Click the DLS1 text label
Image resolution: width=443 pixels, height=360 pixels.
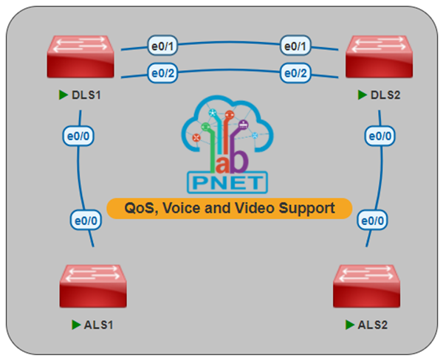pyautogui.click(x=87, y=96)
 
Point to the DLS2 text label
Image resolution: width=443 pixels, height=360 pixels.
pyautogui.click(x=384, y=96)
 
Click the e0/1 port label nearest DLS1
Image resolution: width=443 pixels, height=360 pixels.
pyautogui.click(x=162, y=46)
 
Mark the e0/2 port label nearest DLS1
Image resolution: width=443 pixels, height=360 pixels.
pyautogui.click(x=162, y=73)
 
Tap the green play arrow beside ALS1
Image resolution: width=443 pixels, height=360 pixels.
pyautogui.click(x=75, y=324)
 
